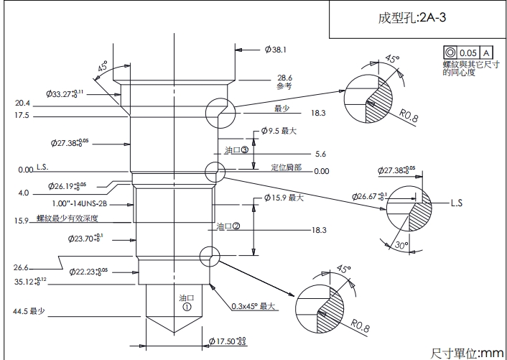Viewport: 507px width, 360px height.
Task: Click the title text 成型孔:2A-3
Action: pyautogui.click(x=412, y=19)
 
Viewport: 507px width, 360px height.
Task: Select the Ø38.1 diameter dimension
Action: pyautogui.click(x=276, y=50)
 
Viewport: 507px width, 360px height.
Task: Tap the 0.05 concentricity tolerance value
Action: pyautogui.click(x=468, y=53)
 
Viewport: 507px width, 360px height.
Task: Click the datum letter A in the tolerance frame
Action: pyautogui.click(x=486, y=53)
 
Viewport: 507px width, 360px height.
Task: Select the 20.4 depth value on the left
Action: pyautogui.click(x=22, y=103)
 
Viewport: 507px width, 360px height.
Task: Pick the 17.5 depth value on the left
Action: pyautogui.click(x=22, y=116)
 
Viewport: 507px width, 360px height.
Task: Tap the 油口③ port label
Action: pyautogui.click(x=236, y=150)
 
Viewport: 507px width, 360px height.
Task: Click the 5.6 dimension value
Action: pyautogui.click(x=320, y=154)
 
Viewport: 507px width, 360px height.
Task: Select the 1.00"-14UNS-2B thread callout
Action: pyautogui.click(x=96, y=203)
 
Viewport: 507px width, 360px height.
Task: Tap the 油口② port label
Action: pyautogui.click(x=228, y=226)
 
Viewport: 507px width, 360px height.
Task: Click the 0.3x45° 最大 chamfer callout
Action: pyautogui.click(x=253, y=305)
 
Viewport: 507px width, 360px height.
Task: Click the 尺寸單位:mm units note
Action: pyautogui.click(x=467, y=353)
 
